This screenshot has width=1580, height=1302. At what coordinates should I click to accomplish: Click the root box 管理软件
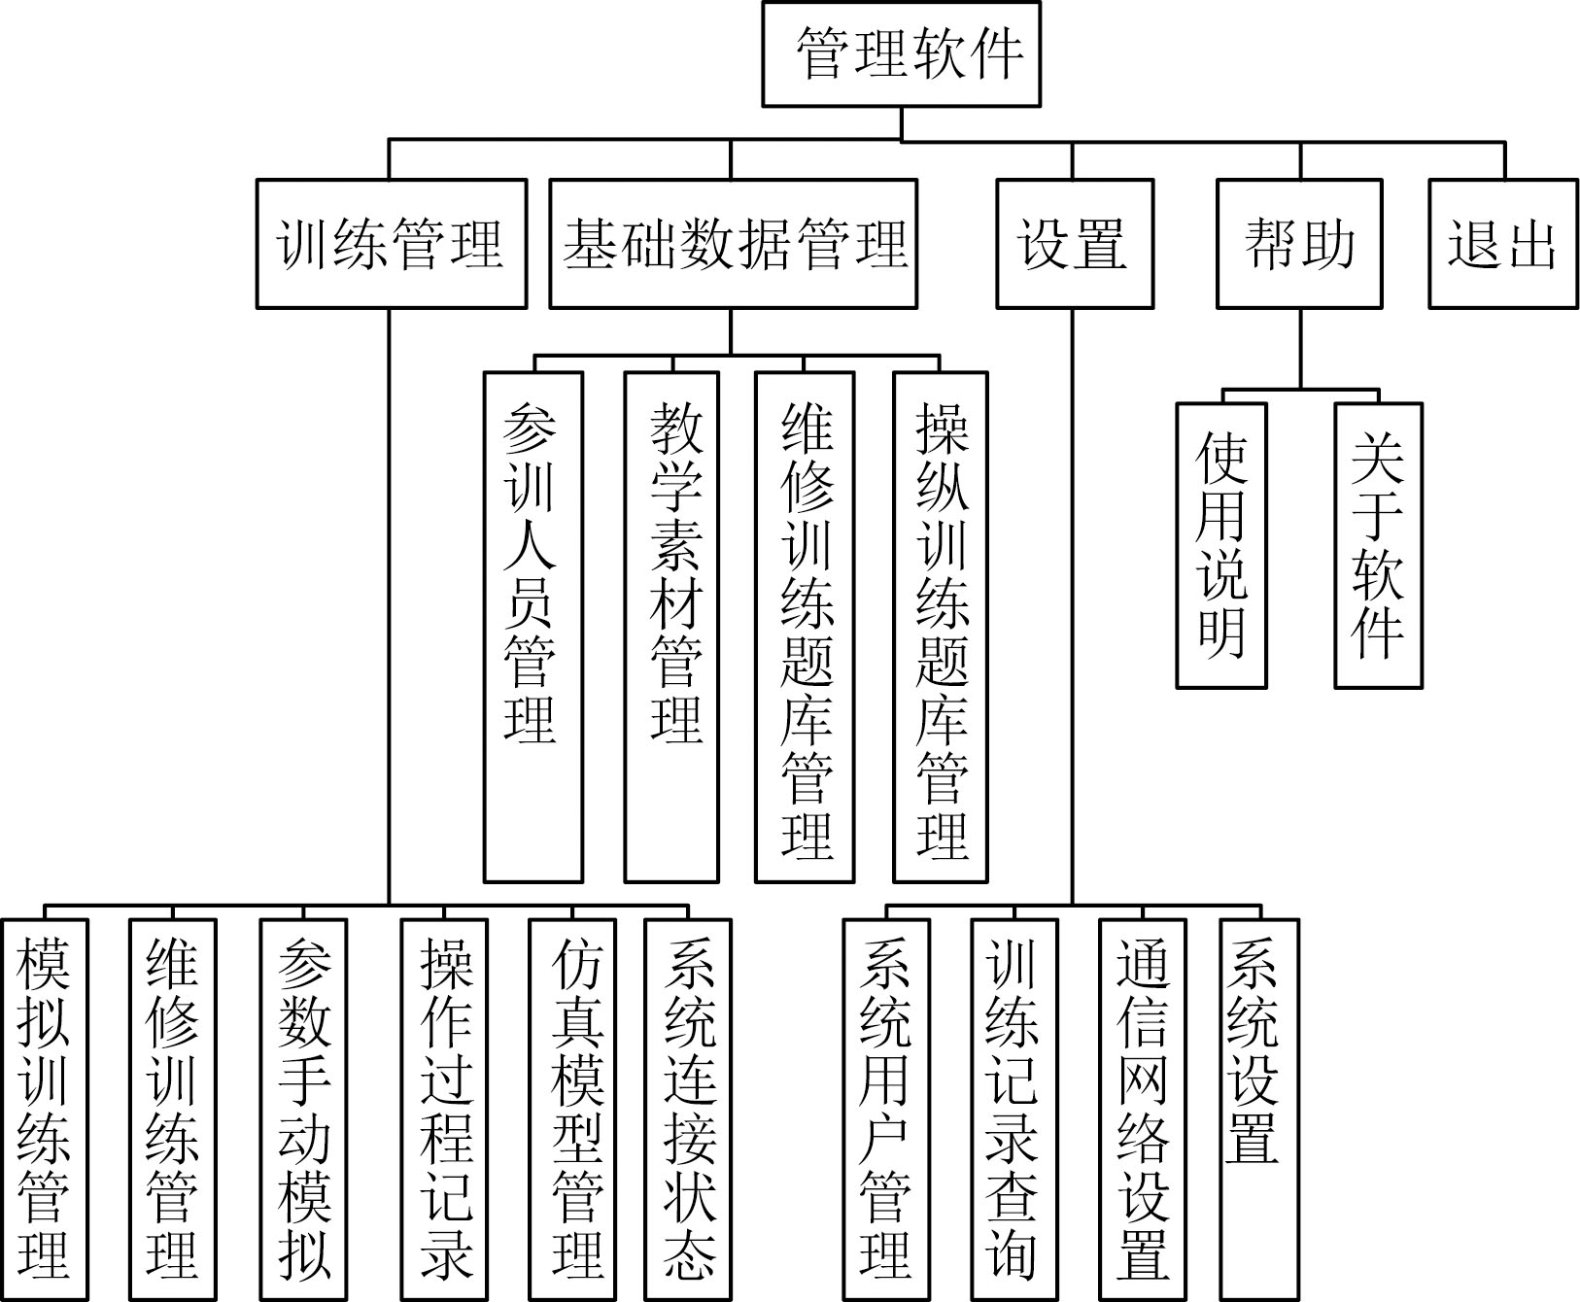[901, 53]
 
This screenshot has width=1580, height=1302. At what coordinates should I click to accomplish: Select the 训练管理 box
[392, 243]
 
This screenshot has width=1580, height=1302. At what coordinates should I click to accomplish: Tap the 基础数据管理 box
[733, 243]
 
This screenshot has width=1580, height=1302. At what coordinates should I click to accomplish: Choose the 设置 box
[1075, 243]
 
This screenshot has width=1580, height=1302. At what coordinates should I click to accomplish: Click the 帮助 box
[1300, 243]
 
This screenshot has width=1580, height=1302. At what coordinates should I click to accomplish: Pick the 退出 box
[1503, 243]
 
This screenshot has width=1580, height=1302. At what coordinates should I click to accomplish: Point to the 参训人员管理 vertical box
[533, 627]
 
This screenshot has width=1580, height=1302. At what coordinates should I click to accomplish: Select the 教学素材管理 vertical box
[672, 627]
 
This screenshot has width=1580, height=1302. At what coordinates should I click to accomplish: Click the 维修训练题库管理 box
[806, 627]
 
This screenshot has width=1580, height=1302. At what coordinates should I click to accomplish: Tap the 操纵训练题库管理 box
[941, 627]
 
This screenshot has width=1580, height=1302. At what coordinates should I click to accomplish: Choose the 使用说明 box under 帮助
[1221, 545]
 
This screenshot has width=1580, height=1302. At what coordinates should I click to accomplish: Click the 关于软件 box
[1378, 545]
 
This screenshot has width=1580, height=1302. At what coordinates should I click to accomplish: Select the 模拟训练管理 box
[45, 1110]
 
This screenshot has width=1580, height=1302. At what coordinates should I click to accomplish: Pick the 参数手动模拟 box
[304, 1110]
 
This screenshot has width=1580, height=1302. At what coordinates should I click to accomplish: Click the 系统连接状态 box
[688, 1110]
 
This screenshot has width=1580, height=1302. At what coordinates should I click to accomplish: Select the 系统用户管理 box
[886, 1110]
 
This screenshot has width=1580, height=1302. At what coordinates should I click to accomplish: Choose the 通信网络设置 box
[1143, 1110]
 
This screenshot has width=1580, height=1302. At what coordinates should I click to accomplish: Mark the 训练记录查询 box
[1013, 1110]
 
